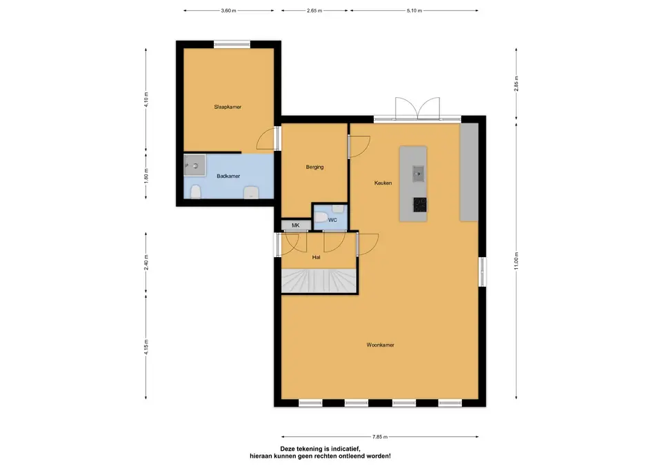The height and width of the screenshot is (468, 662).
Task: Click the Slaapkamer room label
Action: click(228, 108)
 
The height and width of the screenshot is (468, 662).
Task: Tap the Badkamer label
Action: click(228, 176)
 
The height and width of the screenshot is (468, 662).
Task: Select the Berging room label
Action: click(315, 167)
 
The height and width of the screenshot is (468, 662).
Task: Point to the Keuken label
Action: click(383, 183)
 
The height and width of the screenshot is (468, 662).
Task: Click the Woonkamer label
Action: click(381, 345)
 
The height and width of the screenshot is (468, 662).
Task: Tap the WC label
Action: click(332, 220)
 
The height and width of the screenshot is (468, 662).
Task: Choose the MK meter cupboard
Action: click(296, 225)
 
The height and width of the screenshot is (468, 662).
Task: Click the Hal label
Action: click(317, 257)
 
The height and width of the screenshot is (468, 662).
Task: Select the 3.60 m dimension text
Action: click(228, 10)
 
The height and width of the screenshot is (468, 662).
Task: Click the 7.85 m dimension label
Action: click(380, 437)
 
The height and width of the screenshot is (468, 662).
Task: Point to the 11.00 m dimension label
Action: click(516, 261)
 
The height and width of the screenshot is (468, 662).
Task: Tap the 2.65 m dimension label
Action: click(314, 10)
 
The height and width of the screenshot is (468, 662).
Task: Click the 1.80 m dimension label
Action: click(146, 176)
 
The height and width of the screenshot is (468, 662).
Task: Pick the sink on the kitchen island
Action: click(419, 174)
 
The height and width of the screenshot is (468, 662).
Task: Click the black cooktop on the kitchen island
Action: click(420, 204)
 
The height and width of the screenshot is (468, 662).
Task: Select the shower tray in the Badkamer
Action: click(194, 165)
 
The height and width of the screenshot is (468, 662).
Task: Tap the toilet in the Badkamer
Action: click(195, 192)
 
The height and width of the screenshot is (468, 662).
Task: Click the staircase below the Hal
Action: click(319, 281)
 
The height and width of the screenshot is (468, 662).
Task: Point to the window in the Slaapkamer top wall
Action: click(232, 44)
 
